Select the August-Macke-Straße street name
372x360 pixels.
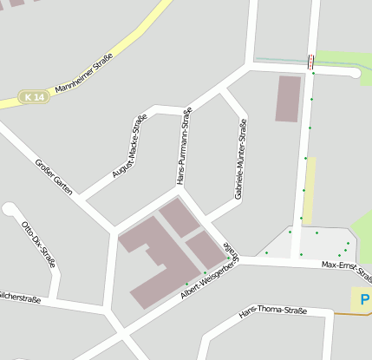coord(129,147)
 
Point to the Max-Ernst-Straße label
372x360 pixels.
coord(345,270)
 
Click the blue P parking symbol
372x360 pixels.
coord(364,300)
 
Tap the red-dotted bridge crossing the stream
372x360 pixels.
coord(310,62)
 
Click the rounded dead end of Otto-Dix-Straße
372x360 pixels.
coord(10,209)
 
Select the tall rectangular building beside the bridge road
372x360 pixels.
coord(288,98)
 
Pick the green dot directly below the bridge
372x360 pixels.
coord(313,74)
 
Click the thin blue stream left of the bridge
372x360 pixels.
coord(282,60)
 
